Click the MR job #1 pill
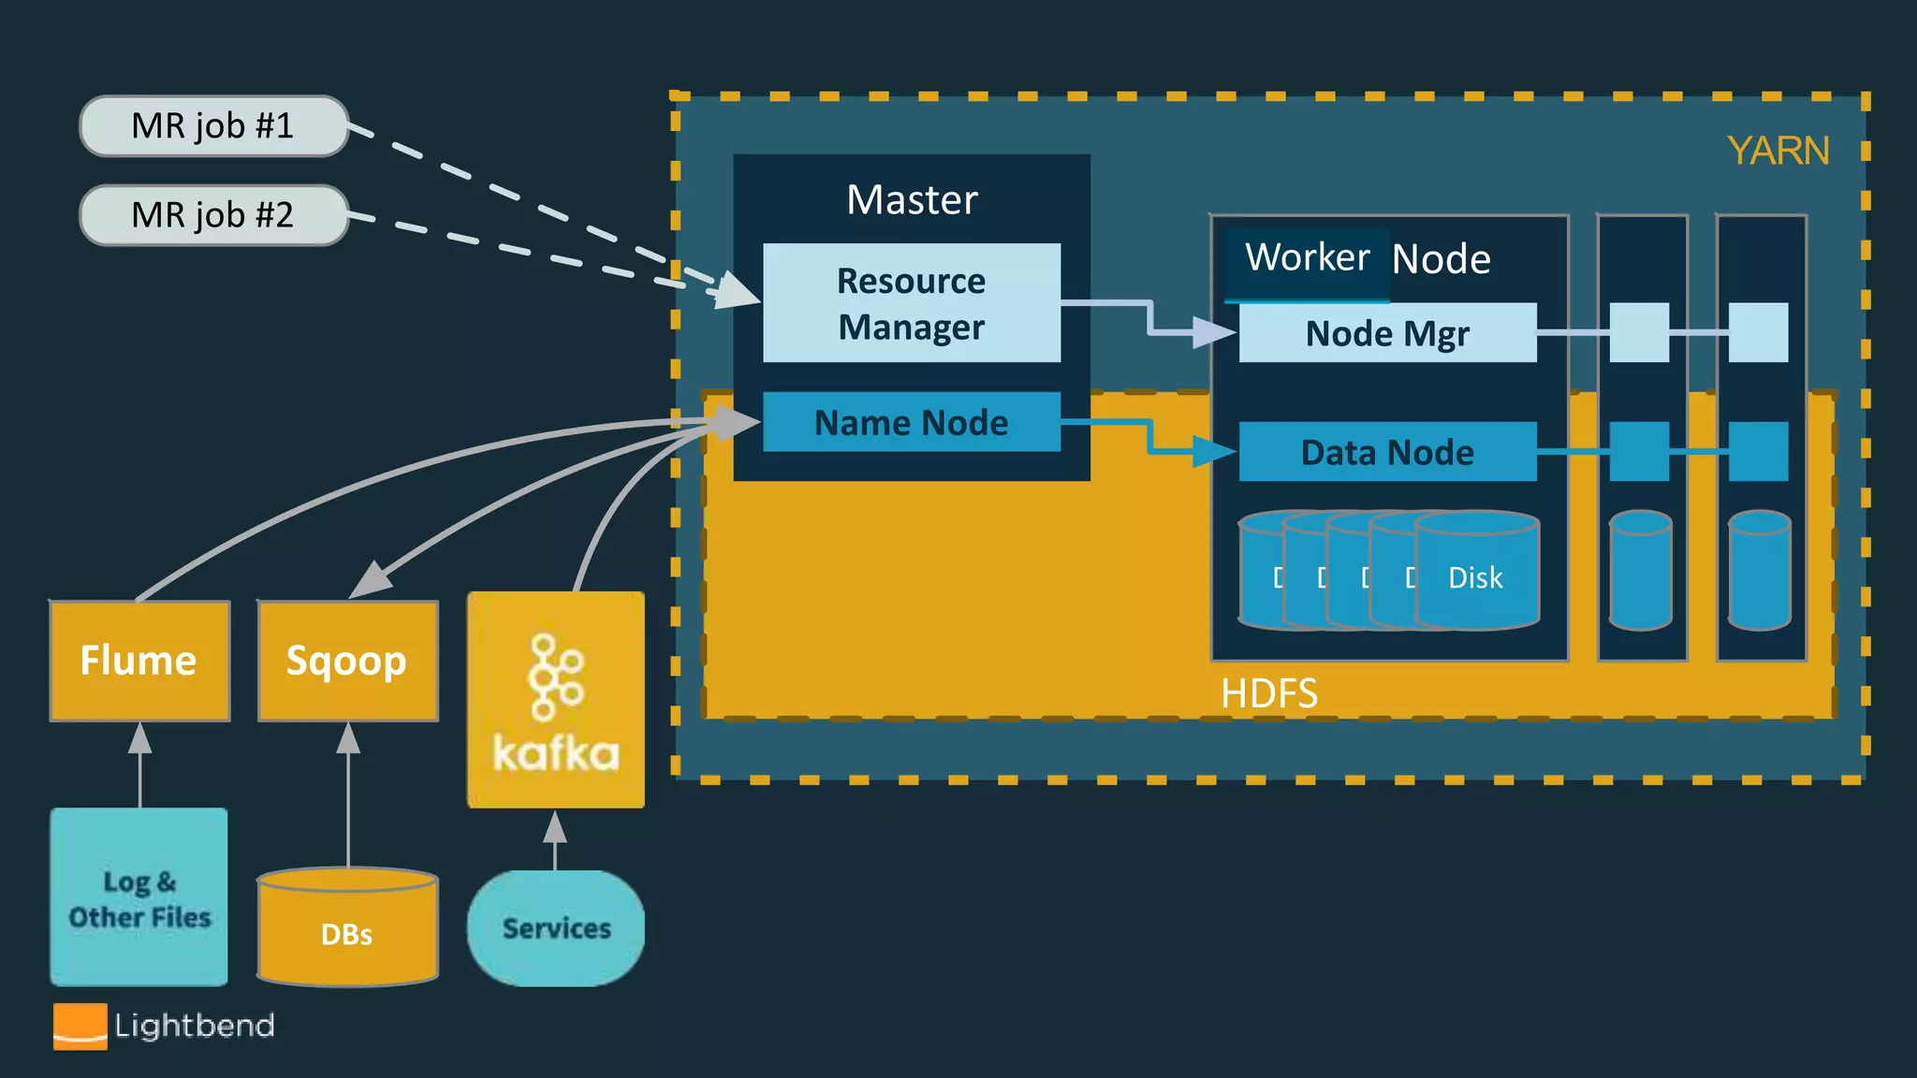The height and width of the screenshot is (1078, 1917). click(213, 125)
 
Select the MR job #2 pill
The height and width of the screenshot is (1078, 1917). click(213, 214)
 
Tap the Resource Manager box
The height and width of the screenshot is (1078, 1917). click(911, 303)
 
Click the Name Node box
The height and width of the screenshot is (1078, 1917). click(911, 422)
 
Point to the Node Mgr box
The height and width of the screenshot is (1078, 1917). click(1386, 333)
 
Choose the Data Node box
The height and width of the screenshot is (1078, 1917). click(1386, 452)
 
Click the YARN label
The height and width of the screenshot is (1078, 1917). click(1777, 151)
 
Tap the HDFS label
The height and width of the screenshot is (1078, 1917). click(1268, 693)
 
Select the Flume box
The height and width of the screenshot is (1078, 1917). click(139, 661)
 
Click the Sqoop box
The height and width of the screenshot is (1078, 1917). click(347, 661)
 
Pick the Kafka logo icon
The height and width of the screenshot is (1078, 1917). click(556, 678)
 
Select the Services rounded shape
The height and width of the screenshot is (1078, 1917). click(556, 927)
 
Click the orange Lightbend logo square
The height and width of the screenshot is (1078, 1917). click(80, 1027)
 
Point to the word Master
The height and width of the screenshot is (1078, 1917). click(911, 199)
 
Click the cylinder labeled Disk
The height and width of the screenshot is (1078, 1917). click(1476, 571)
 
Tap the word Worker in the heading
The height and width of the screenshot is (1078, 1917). click(1307, 257)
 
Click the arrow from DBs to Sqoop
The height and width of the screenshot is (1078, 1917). click(348, 795)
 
